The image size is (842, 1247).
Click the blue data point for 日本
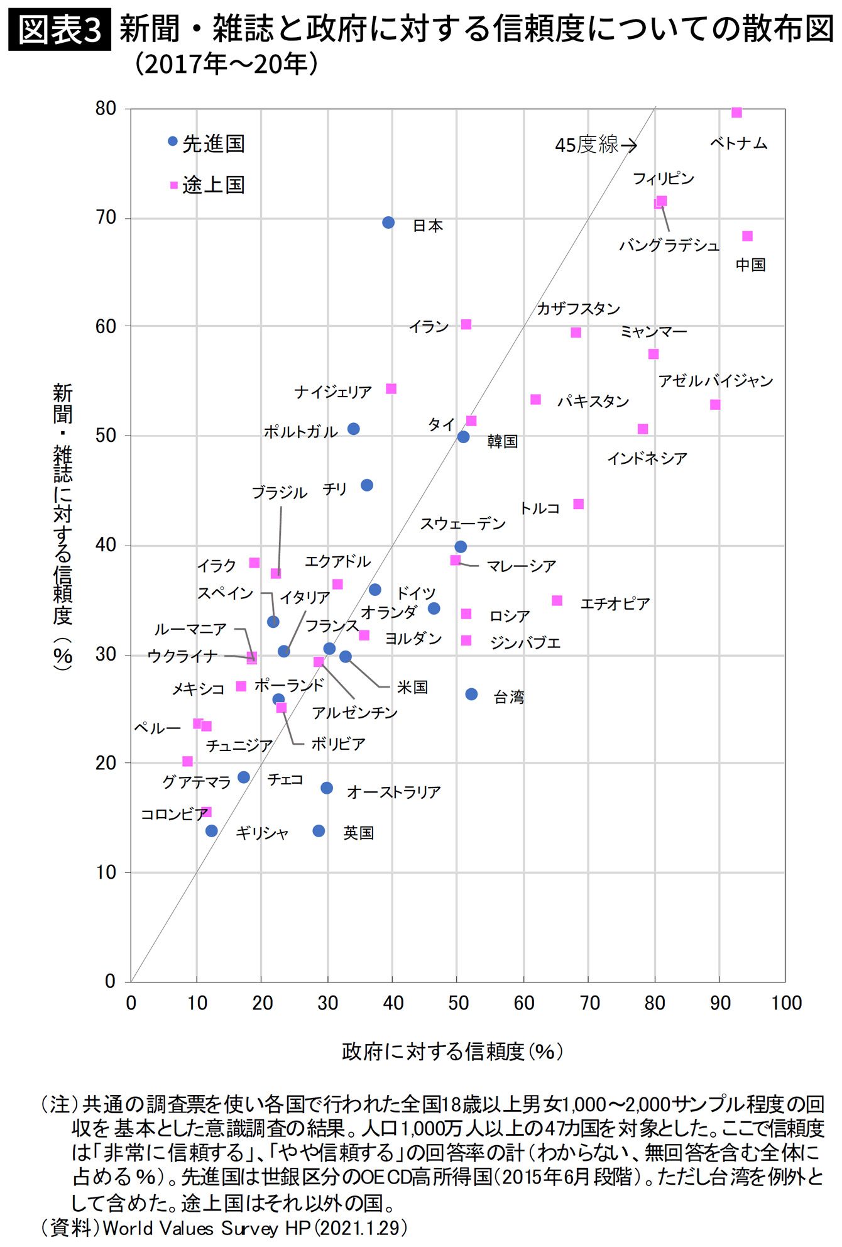[388, 222]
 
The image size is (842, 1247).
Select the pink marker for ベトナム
[736, 113]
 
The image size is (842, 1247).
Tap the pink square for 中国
[747, 236]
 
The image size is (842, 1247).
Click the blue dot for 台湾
[471, 694]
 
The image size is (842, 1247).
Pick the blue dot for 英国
[319, 831]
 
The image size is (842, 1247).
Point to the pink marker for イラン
[466, 324]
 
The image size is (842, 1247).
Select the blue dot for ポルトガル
[354, 429]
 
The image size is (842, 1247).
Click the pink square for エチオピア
[557, 600]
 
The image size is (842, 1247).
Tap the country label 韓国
[503, 441]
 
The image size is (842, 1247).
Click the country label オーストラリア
[394, 792]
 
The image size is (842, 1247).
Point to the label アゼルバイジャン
[715, 381]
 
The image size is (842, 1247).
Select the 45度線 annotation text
[587, 145]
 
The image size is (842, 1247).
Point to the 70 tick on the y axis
[106, 217]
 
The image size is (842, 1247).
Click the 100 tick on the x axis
[786, 1003]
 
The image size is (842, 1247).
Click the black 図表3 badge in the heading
[60, 30]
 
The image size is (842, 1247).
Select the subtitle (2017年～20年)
[226, 64]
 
